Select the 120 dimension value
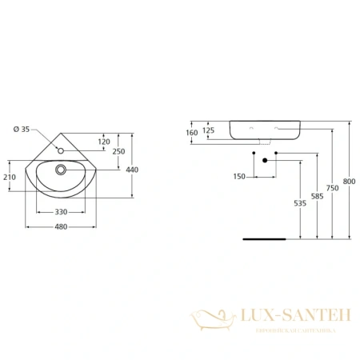tap(104, 142)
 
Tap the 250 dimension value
tap(118, 152)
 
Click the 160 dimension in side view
tap(191, 132)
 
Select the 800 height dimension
tap(349, 181)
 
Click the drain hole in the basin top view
tap(61, 169)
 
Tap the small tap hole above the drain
tap(61, 150)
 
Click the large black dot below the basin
tap(263, 160)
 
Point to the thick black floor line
tap(264, 238)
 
